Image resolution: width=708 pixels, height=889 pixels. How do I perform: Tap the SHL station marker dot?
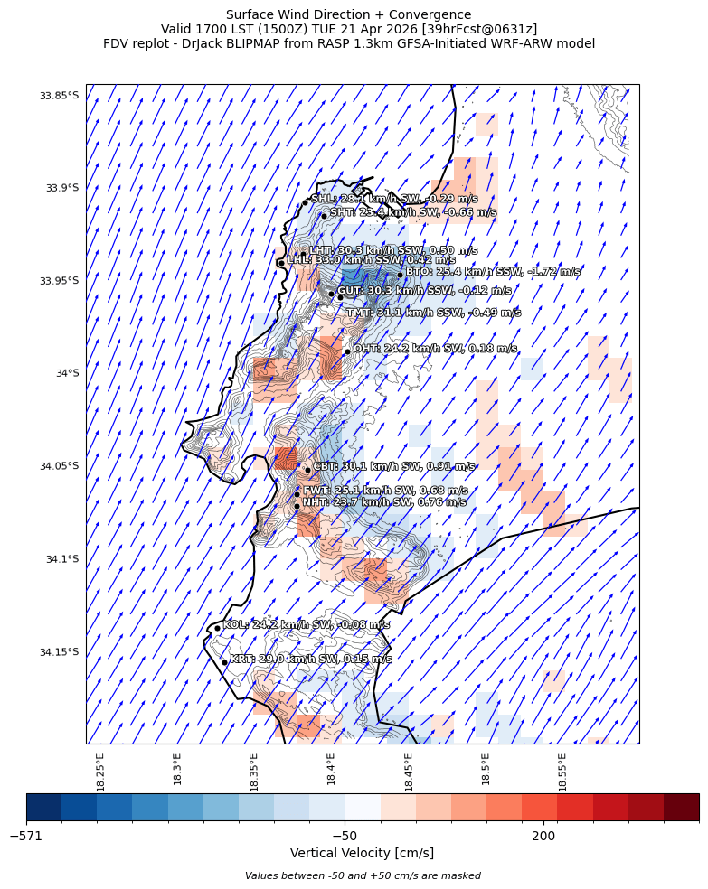306,202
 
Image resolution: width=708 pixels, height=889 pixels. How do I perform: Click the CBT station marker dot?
307,470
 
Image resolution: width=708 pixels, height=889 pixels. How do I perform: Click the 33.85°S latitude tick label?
59,96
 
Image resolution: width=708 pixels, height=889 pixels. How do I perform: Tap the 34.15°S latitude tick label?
59,652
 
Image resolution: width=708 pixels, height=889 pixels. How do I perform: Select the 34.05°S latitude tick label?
59,466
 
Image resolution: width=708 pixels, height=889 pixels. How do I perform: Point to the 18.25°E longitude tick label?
100,771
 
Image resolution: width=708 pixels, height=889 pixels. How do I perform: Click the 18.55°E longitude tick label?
562,771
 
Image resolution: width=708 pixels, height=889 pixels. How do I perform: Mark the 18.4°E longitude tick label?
332,771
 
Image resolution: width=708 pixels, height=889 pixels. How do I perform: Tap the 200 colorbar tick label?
543,837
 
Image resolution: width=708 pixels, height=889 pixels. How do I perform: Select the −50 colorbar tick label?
344,837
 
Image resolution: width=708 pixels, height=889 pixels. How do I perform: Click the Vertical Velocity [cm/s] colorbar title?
362,853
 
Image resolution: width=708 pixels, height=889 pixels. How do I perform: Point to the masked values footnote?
363,875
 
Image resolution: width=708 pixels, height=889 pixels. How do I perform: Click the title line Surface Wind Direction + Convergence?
348,14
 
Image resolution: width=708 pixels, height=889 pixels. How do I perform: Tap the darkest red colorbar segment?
681,807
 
